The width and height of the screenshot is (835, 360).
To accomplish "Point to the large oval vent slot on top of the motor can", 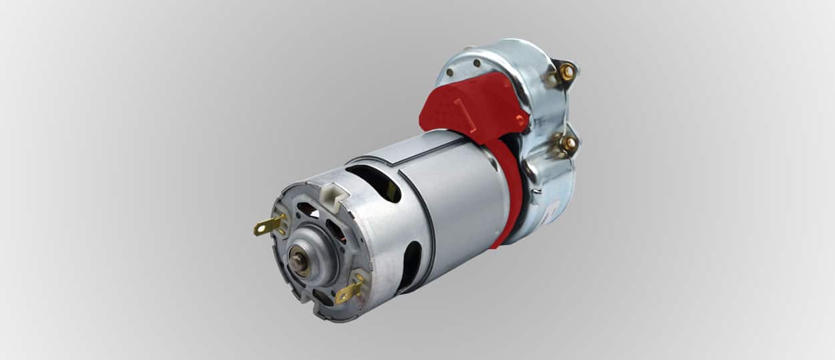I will [x=373, y=182].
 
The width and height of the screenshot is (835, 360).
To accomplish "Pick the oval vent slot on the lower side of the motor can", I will [x=409, y=266].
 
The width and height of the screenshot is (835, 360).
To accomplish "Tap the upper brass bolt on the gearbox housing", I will [x=566, y=71].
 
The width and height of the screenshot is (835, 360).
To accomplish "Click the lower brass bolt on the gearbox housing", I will [x=568, y=143].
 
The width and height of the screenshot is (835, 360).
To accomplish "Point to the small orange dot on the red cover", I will [x=520, y=120].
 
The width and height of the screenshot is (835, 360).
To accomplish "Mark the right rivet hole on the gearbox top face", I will [x=476, y=63].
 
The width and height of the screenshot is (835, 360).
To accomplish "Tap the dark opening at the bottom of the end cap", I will [x=322, y=297].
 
